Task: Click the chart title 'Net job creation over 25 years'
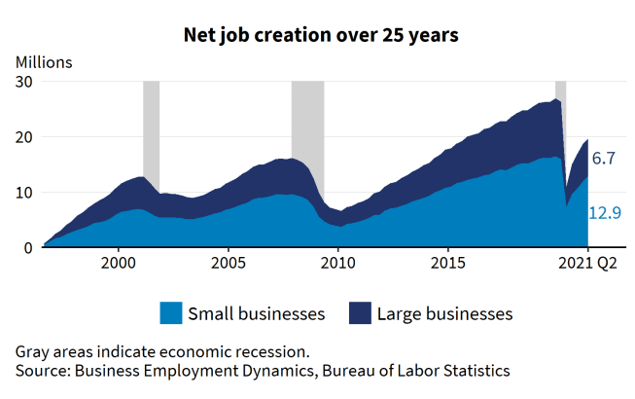point(321,34)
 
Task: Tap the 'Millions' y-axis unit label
point(45,62)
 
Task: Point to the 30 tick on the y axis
point(24,82)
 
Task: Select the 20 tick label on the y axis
point(24,137)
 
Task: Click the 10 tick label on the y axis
point(24,193)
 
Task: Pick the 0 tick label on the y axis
point(29,248)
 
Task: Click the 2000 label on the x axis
point(119,263)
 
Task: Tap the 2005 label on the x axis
point(229,263)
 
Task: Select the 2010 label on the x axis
point(338,263)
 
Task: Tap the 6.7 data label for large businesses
point(604,158)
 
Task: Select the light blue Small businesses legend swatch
point(170,313)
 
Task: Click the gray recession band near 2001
point(151,127)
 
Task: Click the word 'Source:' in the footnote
point(44,370)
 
